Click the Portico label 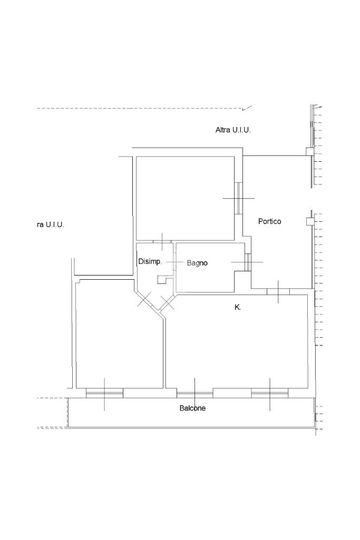click(269, 221)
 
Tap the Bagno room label click(197, 263)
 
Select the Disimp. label click(150, 261)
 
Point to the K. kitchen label click(237, 308)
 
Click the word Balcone click(192, 408)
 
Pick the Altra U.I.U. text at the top click(233, 130)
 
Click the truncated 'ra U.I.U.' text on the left click(51, 225)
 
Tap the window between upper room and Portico click(239, 199)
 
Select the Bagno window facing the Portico click(247, 262)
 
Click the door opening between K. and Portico click(278, 292)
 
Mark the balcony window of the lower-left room click(104, 393)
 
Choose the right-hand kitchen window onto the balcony click(270, 393)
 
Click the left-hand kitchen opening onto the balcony click(194, 393)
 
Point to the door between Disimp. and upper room click(162, 242)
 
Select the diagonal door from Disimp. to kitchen click(168, 302)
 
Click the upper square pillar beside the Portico click(310, 152)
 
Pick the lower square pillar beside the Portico click(310, 221)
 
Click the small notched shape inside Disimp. click(161, 280)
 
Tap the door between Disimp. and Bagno click(174, 262)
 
